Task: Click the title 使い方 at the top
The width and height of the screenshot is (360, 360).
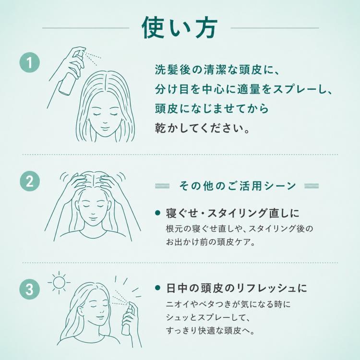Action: (180, 28)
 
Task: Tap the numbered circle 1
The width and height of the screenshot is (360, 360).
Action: (30, 62)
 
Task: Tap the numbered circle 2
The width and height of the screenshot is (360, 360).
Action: (30, 181)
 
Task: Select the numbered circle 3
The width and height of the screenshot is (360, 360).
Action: (30, 289)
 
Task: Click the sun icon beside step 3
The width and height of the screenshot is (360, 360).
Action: (59, 282)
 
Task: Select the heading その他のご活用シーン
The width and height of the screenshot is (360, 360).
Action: (237, 186)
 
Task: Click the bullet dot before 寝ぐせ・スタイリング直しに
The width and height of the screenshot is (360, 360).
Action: (157, 213)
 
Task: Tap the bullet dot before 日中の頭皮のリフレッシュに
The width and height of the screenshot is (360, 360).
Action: (157, 288)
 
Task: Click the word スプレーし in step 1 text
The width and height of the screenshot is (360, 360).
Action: (300, 89)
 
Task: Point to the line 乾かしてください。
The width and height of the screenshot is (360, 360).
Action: (202, 128)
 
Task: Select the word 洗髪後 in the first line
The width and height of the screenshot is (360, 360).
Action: (173, 70)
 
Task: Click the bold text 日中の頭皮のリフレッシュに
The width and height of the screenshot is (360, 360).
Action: (237, 288)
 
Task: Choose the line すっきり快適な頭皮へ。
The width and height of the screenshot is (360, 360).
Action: (211, 331)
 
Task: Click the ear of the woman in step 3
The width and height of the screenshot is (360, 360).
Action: (80, 311)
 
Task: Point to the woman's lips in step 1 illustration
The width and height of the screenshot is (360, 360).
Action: (105, 128)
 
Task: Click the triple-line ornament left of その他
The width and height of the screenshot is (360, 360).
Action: (162, 186)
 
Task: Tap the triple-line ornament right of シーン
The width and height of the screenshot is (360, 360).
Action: (312, 186)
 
